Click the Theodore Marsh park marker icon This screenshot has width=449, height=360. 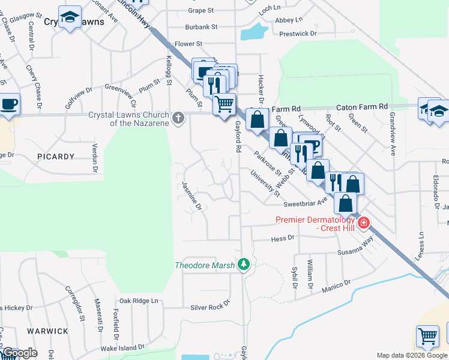(x=243, y=265)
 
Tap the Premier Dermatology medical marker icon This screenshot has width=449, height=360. (x=364, y=223)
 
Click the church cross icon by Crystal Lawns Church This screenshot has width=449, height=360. (x=178, y=118)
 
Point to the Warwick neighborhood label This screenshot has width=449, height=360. (x=47, y=331)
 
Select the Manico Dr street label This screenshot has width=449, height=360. (x=336, y=286)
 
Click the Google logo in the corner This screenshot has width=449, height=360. (x=20, y=353)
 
